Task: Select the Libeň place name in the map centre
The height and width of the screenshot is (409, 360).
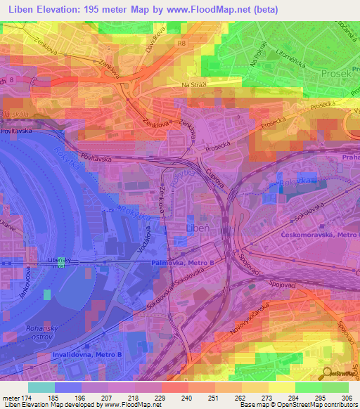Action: pos(197,228)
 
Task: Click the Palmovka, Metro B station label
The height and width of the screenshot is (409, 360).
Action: pos(181,262)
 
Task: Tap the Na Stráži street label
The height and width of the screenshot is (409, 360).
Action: pos(196,85)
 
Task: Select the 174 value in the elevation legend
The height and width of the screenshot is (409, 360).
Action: pos(33,397)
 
